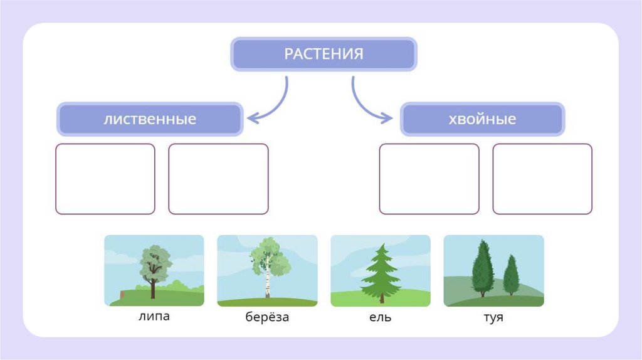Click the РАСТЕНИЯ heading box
(x=324, y=54)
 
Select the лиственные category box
(x=150, y=119)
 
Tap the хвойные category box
(x=483, y=119)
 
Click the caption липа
(x=154, y=315)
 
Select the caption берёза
(x=267, y=317)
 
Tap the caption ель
(x=380, y=317)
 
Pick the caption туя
(x=493, y=317)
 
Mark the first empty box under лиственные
(x=105, y=179)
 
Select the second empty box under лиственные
(x=218, y=179)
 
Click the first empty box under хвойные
(x=429, y=179)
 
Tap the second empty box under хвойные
(x=542, y=179)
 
